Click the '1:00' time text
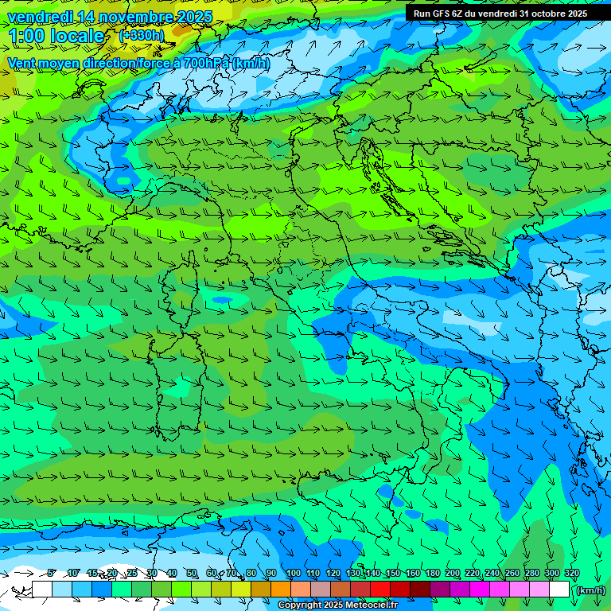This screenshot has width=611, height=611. click(x=27, y=36)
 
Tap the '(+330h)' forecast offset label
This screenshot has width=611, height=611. click(x=142, y=35)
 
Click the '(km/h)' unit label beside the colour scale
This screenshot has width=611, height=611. click(x=590, y=590)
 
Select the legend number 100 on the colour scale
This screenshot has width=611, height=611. click(x=294, y=574)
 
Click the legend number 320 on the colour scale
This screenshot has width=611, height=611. click(x=572, y=574)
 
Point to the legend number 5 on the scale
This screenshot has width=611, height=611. click(x=51, y=574)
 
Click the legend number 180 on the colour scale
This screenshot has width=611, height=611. click(x=433, y=574)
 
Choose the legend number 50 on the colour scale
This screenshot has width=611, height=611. click(x=192, y=574)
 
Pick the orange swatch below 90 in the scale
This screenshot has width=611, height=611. click(x=280, y=590)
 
